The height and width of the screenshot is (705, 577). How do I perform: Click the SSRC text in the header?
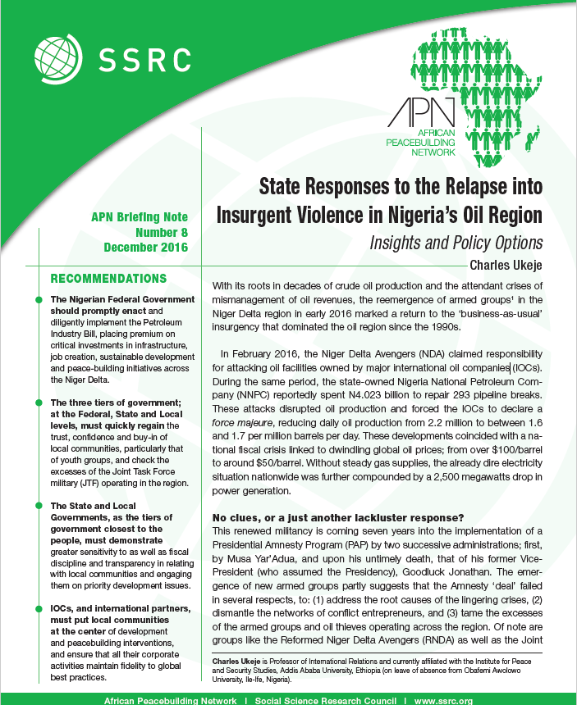pos(144,58)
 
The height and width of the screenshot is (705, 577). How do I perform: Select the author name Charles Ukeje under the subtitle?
pos(506,264)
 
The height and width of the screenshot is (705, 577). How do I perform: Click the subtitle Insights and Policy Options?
pos(456,243)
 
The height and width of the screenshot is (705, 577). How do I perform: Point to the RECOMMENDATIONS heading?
pos(108,279)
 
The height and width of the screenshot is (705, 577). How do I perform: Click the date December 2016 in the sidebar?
pos(146,246)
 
